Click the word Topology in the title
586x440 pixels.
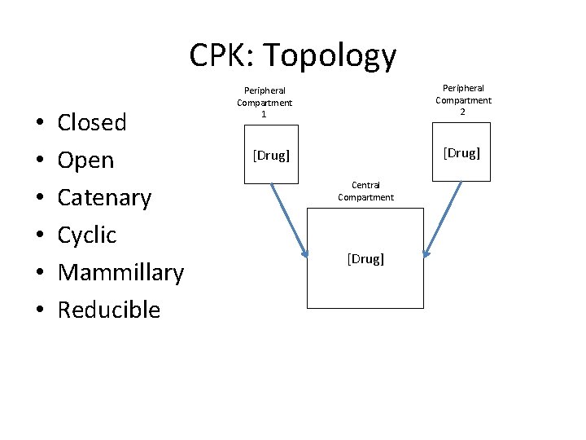click(x=330, y=56)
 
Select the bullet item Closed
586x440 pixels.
click(x=92, y=122)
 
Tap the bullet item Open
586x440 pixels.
click(x=85, y=160)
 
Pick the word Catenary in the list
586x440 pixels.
click(x=104, y=197)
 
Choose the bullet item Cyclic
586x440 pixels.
click(x=87, y=235)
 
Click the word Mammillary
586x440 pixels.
click(x=120, y=272)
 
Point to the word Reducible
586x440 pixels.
click(x=109, y=310)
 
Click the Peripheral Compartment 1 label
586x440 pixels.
click(x=265, y=103)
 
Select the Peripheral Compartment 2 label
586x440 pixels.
click(x=463, y=99)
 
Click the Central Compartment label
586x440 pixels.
click(x=365, y=191)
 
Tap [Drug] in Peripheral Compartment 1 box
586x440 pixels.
click(x=271, y=155)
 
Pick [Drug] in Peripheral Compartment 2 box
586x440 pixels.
click(x=462, y=152)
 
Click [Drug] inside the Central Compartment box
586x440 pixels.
click(x=365, y=258)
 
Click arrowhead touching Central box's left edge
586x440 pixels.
click(x=305, y=253)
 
